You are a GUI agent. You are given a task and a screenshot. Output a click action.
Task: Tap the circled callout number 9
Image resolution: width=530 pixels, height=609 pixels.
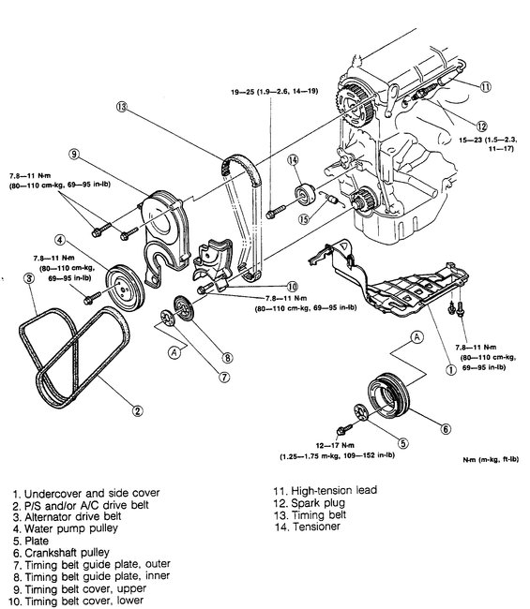pyautogui.click(x=72, y=154)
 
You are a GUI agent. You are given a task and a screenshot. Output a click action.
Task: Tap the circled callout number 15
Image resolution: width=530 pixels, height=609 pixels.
pyautogui.click(x=302, y=220)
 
